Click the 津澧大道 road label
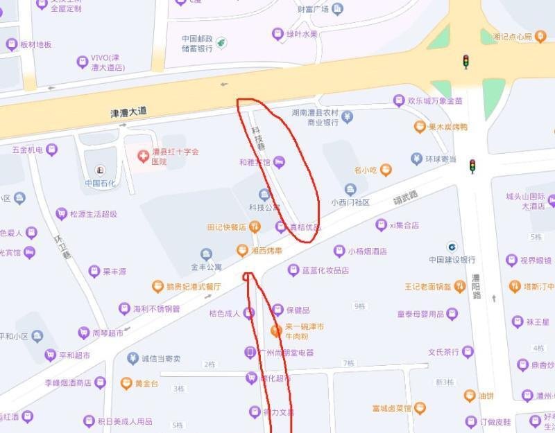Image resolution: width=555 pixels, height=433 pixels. (128, 112)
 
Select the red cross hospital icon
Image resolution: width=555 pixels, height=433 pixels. (144, 155)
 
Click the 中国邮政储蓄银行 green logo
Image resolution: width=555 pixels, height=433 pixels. (221, 43)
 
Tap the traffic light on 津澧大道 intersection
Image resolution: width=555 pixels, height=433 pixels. (466, 61)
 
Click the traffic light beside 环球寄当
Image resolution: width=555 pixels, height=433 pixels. (472, 166)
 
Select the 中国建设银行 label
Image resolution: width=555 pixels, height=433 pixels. (452, 260)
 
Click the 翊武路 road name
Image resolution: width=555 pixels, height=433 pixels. (406, 198)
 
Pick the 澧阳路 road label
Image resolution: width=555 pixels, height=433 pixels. (477, 285)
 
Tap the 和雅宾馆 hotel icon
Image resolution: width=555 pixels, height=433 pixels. (280, 162)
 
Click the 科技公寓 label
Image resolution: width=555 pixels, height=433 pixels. (264, 207)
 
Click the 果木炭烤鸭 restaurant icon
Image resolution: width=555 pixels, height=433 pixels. (420, 127)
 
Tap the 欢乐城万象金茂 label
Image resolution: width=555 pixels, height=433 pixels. (435, 101)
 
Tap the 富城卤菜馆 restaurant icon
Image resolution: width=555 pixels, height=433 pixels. (419, 408)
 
